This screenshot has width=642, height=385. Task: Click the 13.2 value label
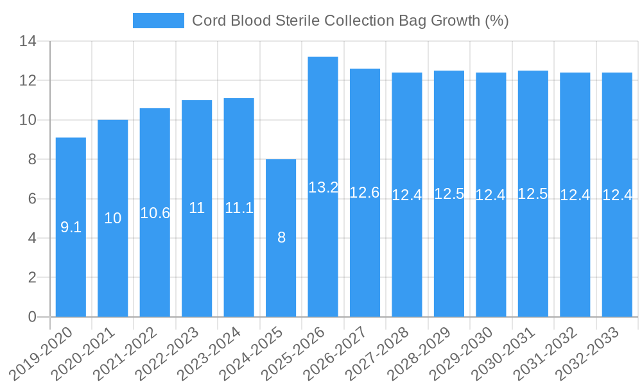pos(323,187)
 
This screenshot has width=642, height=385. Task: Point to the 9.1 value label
pos(71,227)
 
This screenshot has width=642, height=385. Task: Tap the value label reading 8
pos(281,237)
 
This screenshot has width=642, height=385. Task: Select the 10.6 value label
pos(155,213)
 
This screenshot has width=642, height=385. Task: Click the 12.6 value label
pos(365,193)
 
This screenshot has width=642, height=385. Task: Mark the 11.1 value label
pos(239,208)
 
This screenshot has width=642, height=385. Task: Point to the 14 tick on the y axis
pos(28,42)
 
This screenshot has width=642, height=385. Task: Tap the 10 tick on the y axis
pos(28,120)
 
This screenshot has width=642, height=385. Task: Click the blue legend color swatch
pos(158,21)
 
